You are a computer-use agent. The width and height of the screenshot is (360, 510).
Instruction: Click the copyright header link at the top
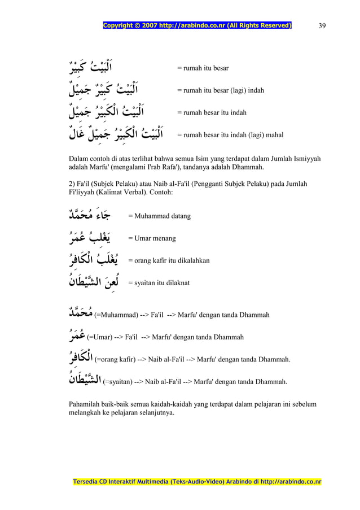pos(196,25)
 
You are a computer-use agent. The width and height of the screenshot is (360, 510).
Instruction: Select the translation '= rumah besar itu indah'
pos(212,112)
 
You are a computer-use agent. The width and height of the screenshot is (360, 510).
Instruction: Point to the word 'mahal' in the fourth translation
pos(273,135)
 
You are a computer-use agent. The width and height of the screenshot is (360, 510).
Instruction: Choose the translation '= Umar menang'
pos(152,239)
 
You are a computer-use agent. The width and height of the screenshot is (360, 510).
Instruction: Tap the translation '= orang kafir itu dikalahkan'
pos(169,261)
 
